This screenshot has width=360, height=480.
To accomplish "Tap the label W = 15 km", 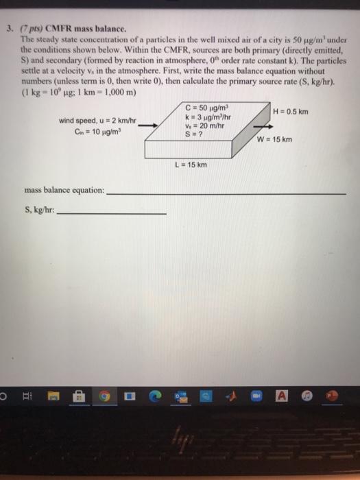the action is click(274, 140).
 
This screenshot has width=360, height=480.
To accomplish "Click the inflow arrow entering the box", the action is click(153, 125).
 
